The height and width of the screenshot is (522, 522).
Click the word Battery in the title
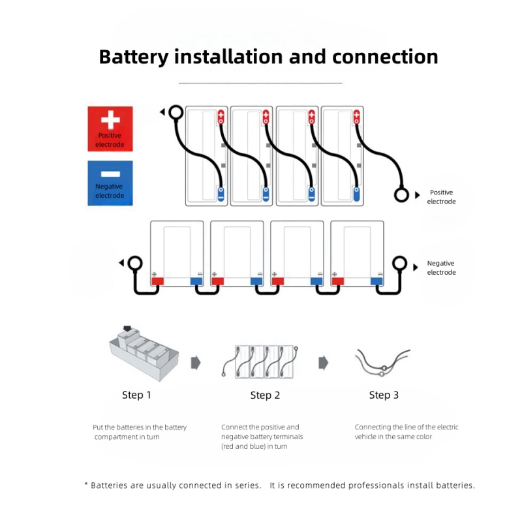tap(134, 57)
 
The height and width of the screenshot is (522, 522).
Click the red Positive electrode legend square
tap(110, 129)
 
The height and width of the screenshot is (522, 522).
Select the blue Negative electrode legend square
tap(110, 183)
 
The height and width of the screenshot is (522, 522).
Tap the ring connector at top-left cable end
tap(175, 112)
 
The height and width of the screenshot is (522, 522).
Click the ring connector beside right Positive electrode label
tap(401, 194)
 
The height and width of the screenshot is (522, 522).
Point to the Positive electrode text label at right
tap(441, 197)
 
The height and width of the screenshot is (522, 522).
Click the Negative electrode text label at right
tap(441, 268)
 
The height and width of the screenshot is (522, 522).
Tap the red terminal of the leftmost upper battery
tap(221, 117)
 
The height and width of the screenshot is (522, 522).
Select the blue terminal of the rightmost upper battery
tap(356, 193)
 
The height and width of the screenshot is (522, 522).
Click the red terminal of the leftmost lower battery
tap(157, 281)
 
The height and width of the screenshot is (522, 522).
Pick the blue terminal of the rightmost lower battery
tap(376, 281)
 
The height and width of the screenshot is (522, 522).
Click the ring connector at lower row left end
tap(135, 263)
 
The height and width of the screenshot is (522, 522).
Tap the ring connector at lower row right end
tap(399, 264)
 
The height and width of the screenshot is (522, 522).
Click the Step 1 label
tap(136, 395)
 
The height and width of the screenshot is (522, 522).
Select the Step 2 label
tap(265, 395)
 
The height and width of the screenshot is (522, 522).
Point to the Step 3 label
tap(384, 395)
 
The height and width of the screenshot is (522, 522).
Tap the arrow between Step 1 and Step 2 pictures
tap(195, 363)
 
